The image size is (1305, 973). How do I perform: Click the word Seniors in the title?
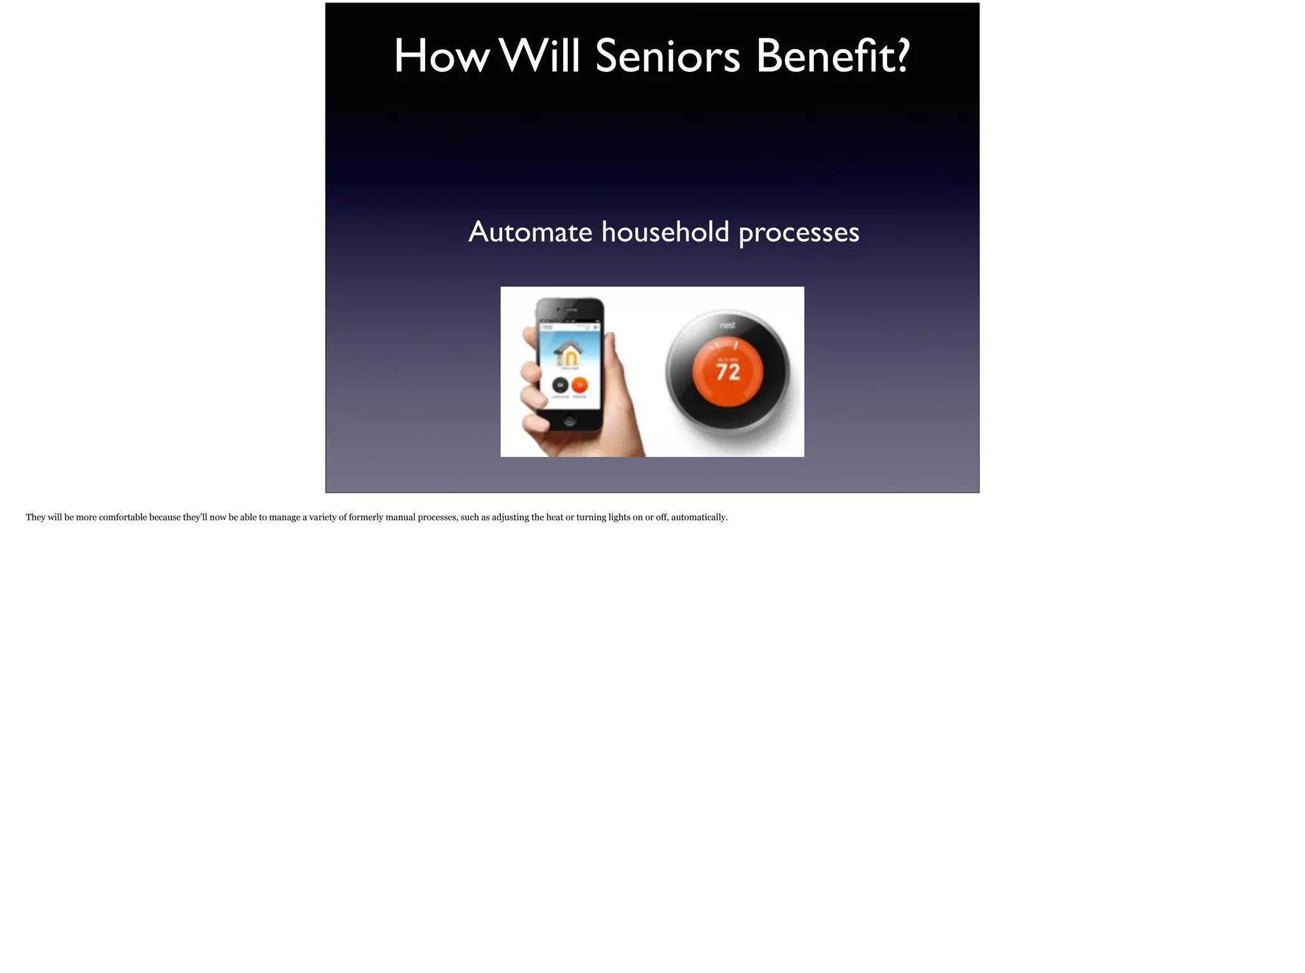pyautogui.click(x=667, y=56)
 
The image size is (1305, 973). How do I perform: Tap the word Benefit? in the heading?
pyautogui.click(x=833, y=56)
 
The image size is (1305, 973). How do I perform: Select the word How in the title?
pyautogui.click(x=442, y=56)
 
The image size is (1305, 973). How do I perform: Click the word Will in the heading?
pyautogui.click(x=540, y=56)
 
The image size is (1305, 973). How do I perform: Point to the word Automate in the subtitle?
pyautogui.click(x=530, y=232)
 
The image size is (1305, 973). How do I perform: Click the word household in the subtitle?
pyautogui.click(x=665, y=232)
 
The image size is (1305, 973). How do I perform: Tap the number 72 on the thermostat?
pyautogui.click(x=728, y=371)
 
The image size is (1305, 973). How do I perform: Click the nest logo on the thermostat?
pyautogui.click(x=727, y=326)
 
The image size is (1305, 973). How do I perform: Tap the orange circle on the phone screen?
pyautogui.click(x=579, y=385)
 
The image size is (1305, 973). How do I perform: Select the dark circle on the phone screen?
pyautogui.click(x=560, y=385)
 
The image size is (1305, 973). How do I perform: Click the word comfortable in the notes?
pyautogui.click(x=122, y=517)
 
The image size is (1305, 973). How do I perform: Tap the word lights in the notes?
pyautogui.click(x=619, y=517)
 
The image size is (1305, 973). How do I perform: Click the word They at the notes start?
pyautogui.click(x=36, y=517)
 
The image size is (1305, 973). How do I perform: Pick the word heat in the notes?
pyautogui.click(x=554, y=517)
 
